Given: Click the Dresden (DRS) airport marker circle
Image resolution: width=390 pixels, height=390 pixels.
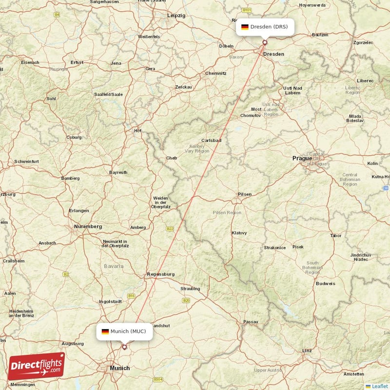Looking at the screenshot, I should [x=265, y=42].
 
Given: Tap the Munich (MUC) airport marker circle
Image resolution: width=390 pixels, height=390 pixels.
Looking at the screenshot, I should [x=124, y=347].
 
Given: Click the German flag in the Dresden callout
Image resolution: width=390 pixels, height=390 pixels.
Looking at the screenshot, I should [x=245, y=27].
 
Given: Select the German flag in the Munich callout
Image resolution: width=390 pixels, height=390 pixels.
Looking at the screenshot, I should [x=105, y=331].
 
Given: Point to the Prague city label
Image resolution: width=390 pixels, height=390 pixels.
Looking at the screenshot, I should [x=302, y=158].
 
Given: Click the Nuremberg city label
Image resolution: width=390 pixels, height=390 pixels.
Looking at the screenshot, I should [x=88, y=226].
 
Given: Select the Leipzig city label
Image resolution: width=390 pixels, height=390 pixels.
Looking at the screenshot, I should [x=176, y=16].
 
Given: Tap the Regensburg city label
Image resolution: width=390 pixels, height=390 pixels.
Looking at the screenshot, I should [x=160, y=274].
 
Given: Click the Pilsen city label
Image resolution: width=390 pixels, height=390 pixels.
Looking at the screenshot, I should [x=245, y=195].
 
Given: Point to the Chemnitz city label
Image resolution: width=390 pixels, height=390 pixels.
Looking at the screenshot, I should [x=216, y=73].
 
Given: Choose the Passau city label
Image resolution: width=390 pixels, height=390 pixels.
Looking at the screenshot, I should [x=251, y=322].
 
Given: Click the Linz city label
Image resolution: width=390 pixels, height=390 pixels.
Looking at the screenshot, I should [x=307, y=351].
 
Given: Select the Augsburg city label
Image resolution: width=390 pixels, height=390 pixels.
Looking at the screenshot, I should [x=73, y=343].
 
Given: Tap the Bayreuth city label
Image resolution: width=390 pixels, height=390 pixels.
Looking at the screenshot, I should [x=118, y=172].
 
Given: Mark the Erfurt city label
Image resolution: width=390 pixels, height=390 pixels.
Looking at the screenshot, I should [x=77, y=62].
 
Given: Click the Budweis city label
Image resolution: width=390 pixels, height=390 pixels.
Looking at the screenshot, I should [x=325, y=283].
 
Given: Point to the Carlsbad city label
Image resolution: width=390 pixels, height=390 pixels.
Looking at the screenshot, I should [x=212, y=140].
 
